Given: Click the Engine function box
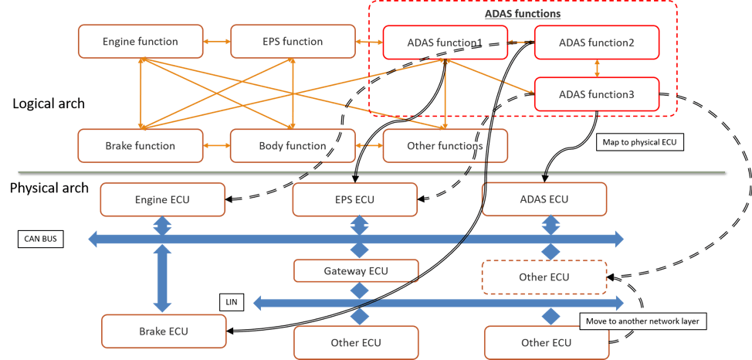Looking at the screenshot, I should pos(140,42).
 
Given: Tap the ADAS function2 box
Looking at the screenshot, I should pos(597,42).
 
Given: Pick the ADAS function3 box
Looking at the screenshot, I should pos(597,95).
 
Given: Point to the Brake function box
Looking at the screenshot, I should pos(140,145).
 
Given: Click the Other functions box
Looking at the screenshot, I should pos(445,145).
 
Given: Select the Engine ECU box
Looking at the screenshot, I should pos(161,200).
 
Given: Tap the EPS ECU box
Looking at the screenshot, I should pos(354,200).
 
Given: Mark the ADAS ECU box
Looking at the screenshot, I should pos(545,199).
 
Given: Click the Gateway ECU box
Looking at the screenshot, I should pos(355,270).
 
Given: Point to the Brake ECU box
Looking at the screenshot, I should pos(163,331).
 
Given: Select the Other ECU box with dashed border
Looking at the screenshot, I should pos(544,277).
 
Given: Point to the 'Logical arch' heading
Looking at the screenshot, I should pos(49,104).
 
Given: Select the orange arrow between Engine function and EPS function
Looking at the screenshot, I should pos(216,42).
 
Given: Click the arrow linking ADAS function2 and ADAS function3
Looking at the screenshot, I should pos(597,69).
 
